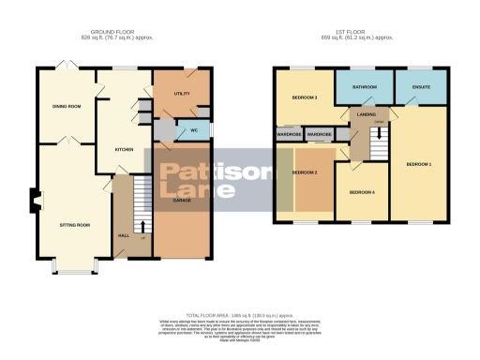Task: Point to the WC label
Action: point(193,129)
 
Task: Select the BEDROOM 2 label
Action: point(306,172)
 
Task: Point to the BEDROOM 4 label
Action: point(362,192)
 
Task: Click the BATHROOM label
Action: point(364,87)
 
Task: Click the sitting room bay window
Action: point(69,273)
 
